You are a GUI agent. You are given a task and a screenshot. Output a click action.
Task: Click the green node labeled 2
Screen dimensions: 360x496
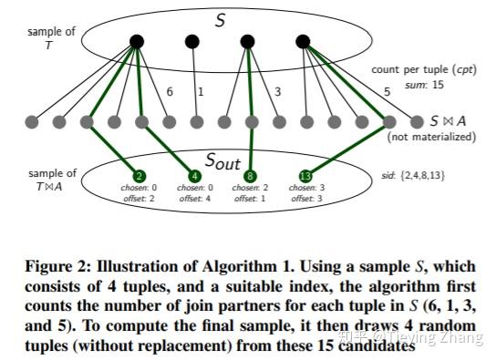pos(139,176)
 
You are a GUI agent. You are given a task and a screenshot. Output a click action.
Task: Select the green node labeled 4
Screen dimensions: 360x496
pos(195,176)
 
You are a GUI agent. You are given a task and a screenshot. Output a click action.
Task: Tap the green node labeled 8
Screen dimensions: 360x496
pos(252,176)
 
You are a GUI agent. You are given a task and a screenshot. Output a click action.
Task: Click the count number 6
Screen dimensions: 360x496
pos(170,91)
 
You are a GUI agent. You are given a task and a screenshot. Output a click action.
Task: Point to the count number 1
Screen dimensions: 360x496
pos(201,91)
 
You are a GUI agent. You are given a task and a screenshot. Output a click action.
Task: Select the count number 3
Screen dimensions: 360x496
pos(277,91)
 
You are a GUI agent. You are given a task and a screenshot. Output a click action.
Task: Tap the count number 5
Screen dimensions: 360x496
pos(387,91)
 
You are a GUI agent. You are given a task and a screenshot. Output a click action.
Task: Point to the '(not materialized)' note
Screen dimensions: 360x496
pos(431,137)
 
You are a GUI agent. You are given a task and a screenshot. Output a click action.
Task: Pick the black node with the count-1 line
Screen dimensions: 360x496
pos(192,41)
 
